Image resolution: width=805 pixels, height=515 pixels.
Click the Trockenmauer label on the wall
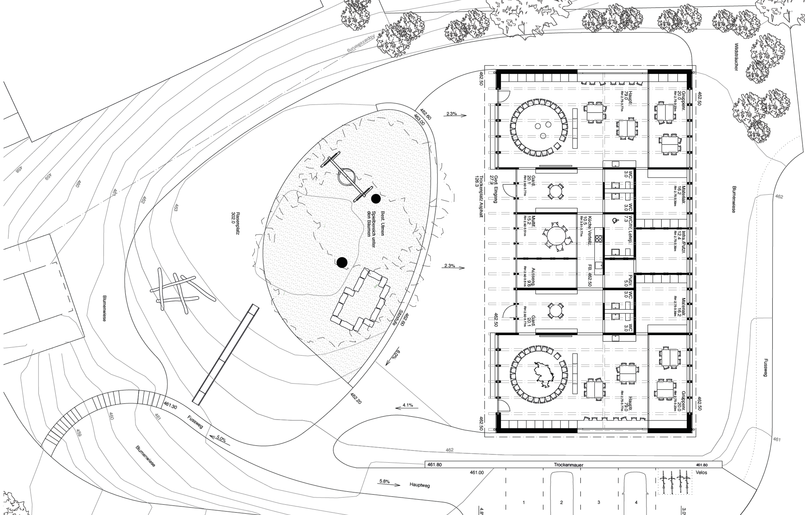(x=569, y=465)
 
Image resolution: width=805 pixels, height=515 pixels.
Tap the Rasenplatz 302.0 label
(x=235, y=223)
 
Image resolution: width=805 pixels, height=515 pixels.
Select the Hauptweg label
(x=419, y=485)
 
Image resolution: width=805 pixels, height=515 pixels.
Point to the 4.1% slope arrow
(x=406, y=407)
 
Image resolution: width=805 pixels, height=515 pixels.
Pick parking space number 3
(x=599, y=502)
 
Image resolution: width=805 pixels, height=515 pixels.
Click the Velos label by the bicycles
(x=701, y=473)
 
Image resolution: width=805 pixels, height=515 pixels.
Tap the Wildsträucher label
(x=736, y=57)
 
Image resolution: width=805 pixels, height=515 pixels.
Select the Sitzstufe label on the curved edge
(x=398, y=317)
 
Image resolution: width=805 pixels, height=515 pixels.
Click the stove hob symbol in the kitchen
(x=598, y=239)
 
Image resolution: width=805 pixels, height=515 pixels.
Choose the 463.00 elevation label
(x=419, y=120)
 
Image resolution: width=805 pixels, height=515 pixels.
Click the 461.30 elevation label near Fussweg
(x=170, y=406)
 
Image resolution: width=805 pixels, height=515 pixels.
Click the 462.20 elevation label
(x=356, y=398)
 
